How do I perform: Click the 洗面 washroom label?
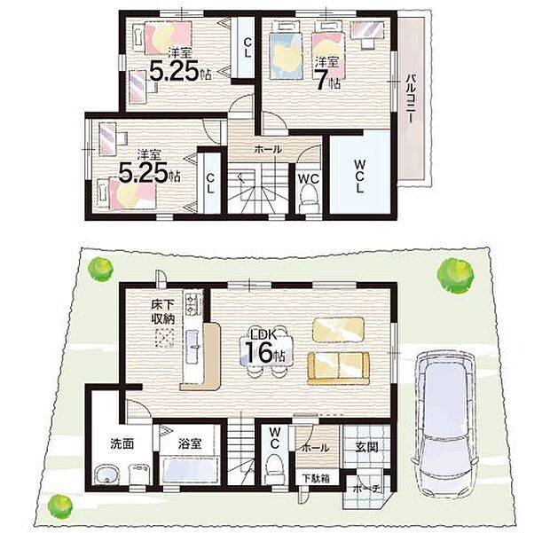[122, 443]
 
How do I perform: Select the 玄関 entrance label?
[366, 447]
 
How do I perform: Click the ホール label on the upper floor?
[268, 149]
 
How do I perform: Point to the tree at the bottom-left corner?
[60, 505]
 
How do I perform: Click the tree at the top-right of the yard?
[453, 274]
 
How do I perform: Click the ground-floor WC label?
[275, 438]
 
